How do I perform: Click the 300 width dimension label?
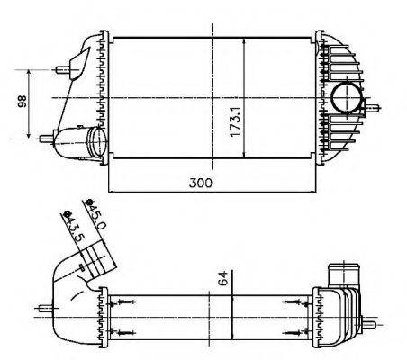(201, 182)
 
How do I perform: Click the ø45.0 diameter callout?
(94, 213)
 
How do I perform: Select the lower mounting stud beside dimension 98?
(45, 138)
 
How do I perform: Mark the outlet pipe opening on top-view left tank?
(95, 141)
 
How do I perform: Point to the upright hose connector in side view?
(343, 273)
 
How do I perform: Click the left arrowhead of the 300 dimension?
(112, 192)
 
